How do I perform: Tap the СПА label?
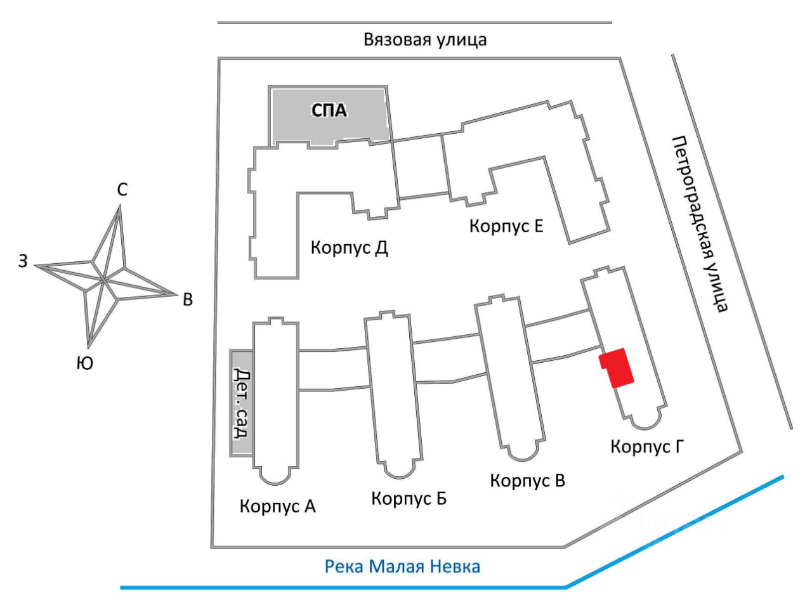point(329,110)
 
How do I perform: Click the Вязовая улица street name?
point(425,40)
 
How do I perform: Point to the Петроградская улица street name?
point(699,225)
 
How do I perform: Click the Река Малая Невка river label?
point(402,566)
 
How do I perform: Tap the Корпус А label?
point(277,507)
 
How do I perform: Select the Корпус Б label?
point(409,499)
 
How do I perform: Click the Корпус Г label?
point(647,446)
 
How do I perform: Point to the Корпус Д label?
point(349,248)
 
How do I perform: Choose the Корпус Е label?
point(506,226)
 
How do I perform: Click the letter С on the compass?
point(122,190)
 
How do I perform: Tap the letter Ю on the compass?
point(85,363)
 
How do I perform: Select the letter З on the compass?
point(23,261)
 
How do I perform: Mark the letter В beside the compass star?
point(188,299)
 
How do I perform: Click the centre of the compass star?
point(105,280)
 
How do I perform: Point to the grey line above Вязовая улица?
point(414,23)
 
